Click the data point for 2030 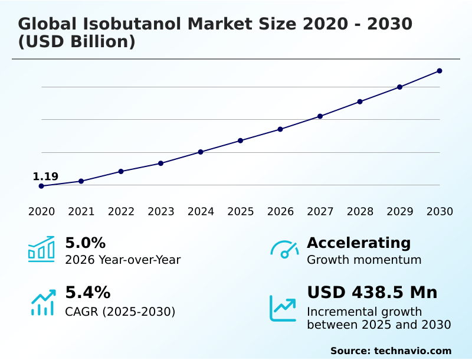(x=440, y=71)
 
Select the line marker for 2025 (x=241, y=140)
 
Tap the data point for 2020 (x=41, y=186)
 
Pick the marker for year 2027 (x=320, y=116)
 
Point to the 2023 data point (x=161, y=163)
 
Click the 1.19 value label (x=45, y=176)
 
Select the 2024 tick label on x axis (x=201, y=212)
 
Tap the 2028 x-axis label (x=360, y=212)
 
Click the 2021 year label (x=81, y=212)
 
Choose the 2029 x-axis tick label (x=400, y=212)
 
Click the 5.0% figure (x=85, y=243)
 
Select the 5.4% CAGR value (x=87, y=293)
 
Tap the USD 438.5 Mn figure (x=372, y=293)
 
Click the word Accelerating (x=359, y=243)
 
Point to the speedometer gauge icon (x=284, y=250)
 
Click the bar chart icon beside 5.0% (x=41, y=249)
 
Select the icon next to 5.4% (x=42, y=302)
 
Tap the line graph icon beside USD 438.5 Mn (x=283, y=308)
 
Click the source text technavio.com (x=412, y=351)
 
